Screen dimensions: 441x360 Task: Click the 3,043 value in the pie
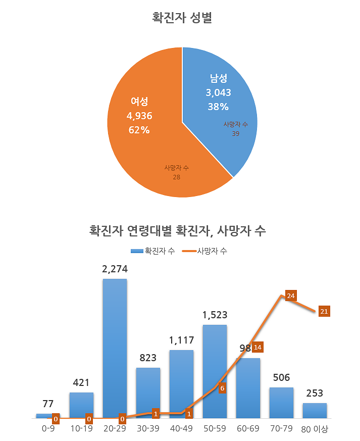point(218,93)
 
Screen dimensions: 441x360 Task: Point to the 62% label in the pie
point(139,130)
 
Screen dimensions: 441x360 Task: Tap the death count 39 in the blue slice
point(235,134)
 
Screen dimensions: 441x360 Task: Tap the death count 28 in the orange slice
point(176,177)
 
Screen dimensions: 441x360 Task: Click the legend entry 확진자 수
point(153,251)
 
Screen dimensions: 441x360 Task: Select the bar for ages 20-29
point(115,349)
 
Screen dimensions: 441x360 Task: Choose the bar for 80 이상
point(315,411)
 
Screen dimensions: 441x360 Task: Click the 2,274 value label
point(115,269)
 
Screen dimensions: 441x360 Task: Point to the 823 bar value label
point(148,358)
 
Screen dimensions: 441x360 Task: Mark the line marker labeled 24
point(290,296)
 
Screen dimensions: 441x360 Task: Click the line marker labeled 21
point(324,311)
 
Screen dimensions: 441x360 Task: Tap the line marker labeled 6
point(222,388)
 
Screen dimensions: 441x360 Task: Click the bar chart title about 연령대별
point(177,231)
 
